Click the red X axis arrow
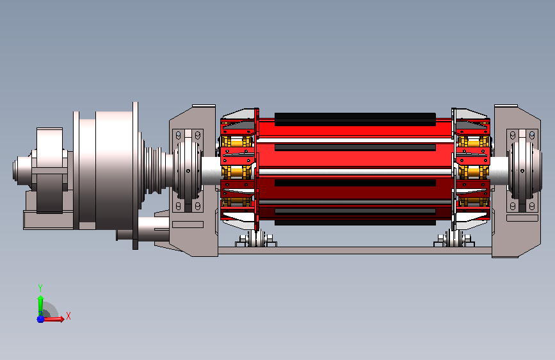click(x=54, y=319)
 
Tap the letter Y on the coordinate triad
click(x=40, y=288)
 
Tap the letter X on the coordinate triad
click(x=68, y=316)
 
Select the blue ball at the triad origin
click(x=40, y=319)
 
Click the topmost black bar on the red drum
click(x=355, y=119)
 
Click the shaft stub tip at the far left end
click(x=15, y=170)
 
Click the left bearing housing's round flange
click(x=188, y=170)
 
